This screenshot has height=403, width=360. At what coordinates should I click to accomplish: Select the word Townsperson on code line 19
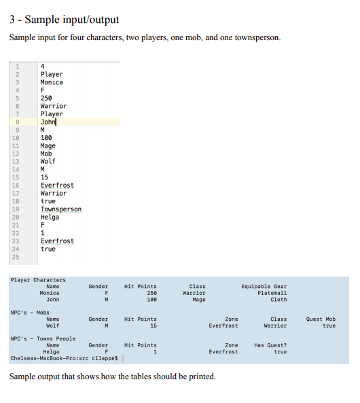pyautogui.click(x=61, y=209)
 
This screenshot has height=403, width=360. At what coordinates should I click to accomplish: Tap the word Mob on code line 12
pyautogui.click(x=47, y=154)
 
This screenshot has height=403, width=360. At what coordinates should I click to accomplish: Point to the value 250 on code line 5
pyautogui.click(x=47, y=98)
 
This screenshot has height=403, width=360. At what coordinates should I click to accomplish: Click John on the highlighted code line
pyautogui.click(x=48, y=122)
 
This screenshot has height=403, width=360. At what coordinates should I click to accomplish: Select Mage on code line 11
pyautogui.click(x=48, y=145)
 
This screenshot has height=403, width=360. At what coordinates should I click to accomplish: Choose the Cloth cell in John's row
pyautogui.click(x=278, y=300)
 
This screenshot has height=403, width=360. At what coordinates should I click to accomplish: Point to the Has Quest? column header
pyautogui.click(x=270, y=345)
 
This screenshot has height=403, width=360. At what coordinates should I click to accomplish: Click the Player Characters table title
pyautogui.click(x=39, y=280)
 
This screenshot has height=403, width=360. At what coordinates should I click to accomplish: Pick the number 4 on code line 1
pyautogui.click(x=43, y=66)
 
